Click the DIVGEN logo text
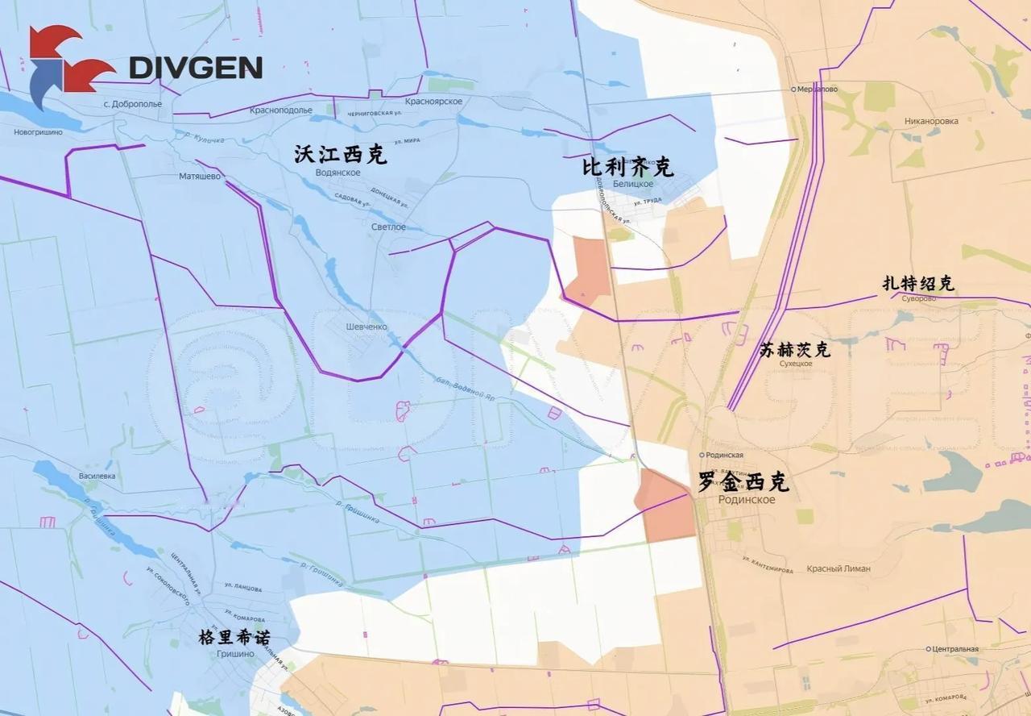pos(195,67)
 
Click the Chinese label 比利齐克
pos(627,167)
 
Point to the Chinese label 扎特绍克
pos(918,284)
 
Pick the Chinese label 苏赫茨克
pos(794,350)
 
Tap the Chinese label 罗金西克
pos(743,483)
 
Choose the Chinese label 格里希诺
pos(234,638)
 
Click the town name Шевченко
pos(366,327)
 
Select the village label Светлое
pos(388,227)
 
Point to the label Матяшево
pos(200,176)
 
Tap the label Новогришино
pos(38,132)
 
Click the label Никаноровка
pos(931,122)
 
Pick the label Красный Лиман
pos(838,568)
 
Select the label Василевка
pos(97,476)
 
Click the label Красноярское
pos(433,101)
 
